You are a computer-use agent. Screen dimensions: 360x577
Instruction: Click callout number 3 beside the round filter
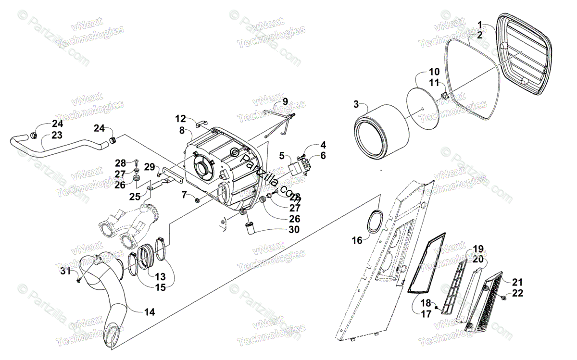point(356,104)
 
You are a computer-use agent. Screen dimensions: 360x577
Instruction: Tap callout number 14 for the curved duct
point(150,311)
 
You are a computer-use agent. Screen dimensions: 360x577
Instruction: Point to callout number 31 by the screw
point(66,271)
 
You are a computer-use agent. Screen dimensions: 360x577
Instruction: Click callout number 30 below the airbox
point(293,230)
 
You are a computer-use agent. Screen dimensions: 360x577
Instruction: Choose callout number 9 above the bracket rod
point(285,102)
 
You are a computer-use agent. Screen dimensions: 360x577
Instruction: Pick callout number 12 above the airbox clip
point(180,118)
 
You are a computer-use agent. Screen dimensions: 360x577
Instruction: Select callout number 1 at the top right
point(479,24)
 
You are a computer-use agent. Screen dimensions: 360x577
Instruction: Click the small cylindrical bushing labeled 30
point(250,227)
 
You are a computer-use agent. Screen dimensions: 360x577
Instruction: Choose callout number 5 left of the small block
point(282,156)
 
